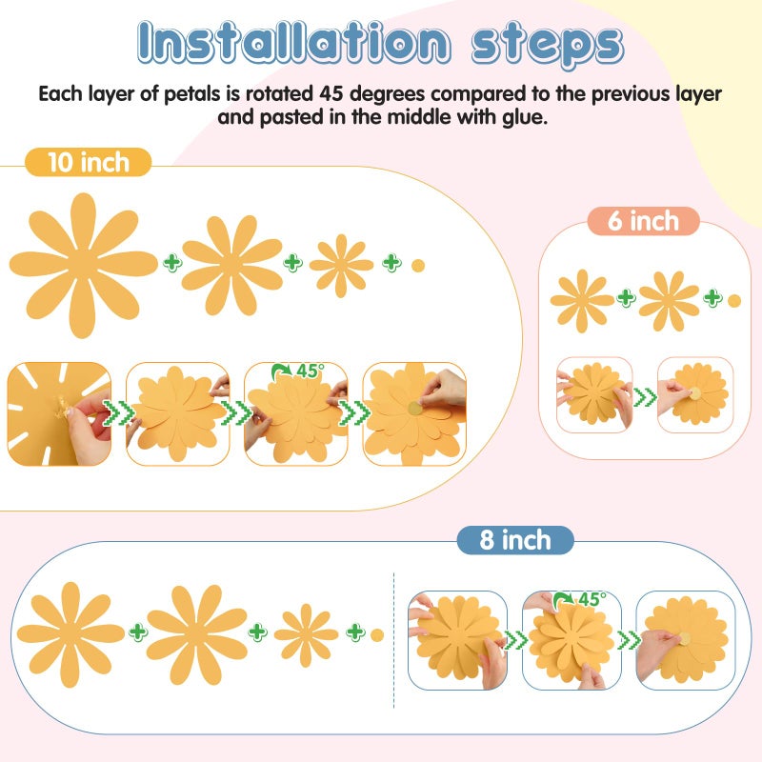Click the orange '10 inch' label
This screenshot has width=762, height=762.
(89, 162)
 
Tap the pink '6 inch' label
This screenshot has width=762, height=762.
(644, 221)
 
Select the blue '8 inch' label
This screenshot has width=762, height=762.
(515, 540)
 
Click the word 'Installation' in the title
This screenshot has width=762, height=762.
(293, 43)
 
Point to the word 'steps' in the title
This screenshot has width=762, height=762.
(547, 45)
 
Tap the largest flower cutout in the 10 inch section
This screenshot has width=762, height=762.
(84, 266)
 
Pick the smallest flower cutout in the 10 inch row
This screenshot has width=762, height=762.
(341, 266)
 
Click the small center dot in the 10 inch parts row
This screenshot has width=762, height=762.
(418, 266)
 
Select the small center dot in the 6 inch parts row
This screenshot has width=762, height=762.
(734, 301)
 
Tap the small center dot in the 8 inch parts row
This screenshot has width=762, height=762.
(377, 634)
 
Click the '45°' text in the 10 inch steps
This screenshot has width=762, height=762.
(310, 371)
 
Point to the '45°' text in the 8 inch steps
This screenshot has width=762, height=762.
(592, 599)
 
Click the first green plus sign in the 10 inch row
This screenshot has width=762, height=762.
(172, 263)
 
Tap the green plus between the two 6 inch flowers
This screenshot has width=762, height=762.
(626, 297)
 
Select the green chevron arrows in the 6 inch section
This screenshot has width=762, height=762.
(645, 397)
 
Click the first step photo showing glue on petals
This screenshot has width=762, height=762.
(59, 413)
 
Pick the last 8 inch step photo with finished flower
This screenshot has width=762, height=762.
(686, 640)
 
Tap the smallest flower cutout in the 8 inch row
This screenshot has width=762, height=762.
(306, 634)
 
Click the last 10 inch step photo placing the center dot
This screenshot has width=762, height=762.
(414, 413)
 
